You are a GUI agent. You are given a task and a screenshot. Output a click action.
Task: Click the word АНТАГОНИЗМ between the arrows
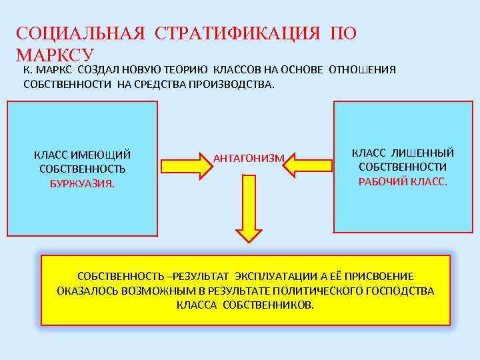coord(249,158)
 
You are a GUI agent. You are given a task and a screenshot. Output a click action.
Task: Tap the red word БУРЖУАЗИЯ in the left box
coord(82,183)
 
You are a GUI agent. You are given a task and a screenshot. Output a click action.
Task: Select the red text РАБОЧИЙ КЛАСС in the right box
coord(403,181)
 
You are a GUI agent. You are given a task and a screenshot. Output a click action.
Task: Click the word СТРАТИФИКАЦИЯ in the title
coord(237,33)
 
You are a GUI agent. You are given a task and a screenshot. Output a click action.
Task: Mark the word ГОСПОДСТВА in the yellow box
coord(404,291)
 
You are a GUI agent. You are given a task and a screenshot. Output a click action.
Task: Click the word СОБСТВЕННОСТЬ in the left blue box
coord(82,169)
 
